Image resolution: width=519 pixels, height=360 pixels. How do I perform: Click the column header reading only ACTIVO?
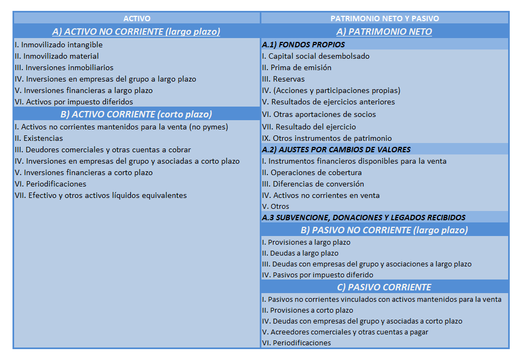(x=136, y=18)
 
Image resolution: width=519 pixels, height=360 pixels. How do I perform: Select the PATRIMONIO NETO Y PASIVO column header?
(x=384, y=18)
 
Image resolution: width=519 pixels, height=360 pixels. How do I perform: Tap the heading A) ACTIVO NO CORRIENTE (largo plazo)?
(x=136, y=32)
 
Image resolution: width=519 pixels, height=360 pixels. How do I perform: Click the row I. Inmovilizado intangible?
(x=59, y=45)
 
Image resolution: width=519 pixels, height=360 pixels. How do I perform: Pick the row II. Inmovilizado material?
(x=57, y=56)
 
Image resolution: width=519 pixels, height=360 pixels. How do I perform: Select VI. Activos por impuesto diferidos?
(x=74, y=102)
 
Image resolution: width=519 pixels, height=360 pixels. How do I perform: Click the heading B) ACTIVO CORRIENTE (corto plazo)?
(x=136, y=114)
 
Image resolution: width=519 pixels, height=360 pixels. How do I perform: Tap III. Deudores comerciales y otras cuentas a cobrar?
(x=103, y=150)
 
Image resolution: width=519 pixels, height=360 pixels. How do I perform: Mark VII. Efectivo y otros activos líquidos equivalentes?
(x=101, y=195)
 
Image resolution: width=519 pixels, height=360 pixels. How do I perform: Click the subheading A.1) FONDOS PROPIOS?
(x=303, y=45)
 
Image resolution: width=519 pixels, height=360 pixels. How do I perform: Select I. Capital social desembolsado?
(x=316, y=56)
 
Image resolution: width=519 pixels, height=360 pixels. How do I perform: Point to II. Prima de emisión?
(x=297, y=67)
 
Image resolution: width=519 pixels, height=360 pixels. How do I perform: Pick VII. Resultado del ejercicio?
(x=309, y=127)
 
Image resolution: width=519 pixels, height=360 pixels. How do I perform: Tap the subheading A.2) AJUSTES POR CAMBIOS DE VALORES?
(x=336, y=150)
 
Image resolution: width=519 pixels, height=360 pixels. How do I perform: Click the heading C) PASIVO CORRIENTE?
(x=384, y=287)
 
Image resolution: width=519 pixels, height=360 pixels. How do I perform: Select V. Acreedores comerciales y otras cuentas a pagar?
(x=345, y=332)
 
